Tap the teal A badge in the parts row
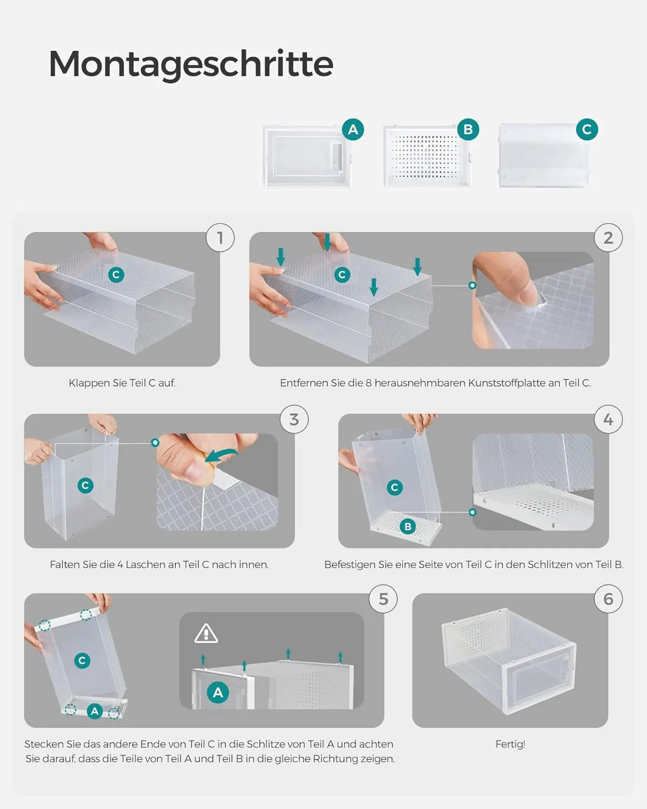pyautogui.click(x=353, y=129)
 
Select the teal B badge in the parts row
pyautogui.click(x=468, y=129)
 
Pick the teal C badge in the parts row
pyautogui.click(x=587, y=129)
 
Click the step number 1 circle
pyautogui.click(x=221, y=238)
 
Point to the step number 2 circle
pyautogui.click(x=608, y=238)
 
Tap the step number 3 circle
pyautogui.click(x=294, y=419)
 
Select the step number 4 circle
pyautogui.click(x=608, y=419)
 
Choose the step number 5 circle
pyautogui.click(x=383, y=599)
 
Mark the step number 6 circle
pyautogui.click(x=608, y=599)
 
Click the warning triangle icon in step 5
pyautogui.click(x=206, y=634)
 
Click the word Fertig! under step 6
pyautogui.click(x=510, y=744)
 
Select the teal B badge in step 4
pyautogui.click(x=408, y=526)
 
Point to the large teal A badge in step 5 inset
pyautogui.click(x=218, y=693)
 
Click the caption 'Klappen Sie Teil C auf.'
pyautogui.click(x=122, y=383)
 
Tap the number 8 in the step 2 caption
pyautogui.click(x=368, y=383)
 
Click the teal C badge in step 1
pyautogui.click(x=116, y=275)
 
